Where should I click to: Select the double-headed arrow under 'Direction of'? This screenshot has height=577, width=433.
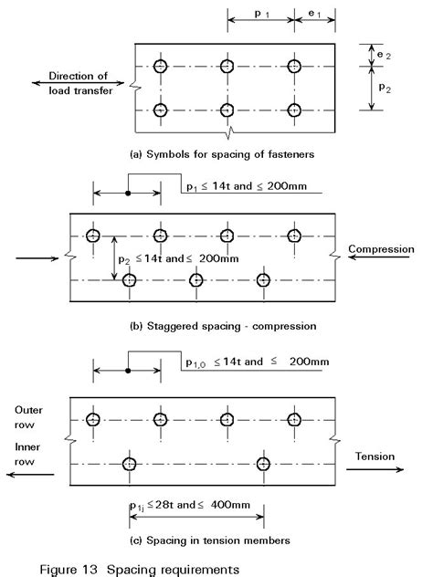[x=63, y=84]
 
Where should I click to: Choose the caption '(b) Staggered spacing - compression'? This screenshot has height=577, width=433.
[x=223, y=325]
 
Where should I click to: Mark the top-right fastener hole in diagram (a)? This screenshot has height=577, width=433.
[x=294, y=66]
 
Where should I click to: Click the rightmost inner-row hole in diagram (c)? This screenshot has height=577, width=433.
[x=264, y=464]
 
